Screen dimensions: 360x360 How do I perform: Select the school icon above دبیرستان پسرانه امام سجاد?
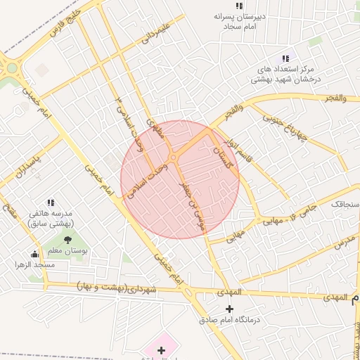[239, 6]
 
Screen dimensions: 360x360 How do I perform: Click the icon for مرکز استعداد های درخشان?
[285, 58]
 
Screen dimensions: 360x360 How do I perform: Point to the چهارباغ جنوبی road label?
[286, 129]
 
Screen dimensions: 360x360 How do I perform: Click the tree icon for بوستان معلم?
[67, 240]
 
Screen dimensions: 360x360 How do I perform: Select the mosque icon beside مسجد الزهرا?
[35, 254]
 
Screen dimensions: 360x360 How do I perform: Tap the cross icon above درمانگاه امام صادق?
[229, 309]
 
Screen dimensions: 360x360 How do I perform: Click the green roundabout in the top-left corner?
[11, 69]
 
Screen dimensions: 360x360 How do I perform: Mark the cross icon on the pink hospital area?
[161, 349]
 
